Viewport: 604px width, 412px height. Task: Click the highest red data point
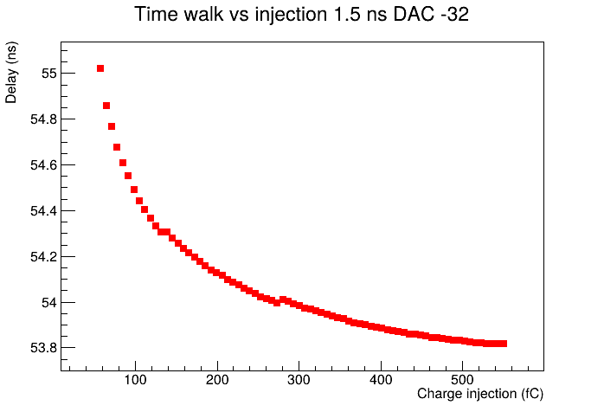100,68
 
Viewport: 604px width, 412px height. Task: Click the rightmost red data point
504,344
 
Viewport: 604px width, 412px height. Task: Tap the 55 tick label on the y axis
49,74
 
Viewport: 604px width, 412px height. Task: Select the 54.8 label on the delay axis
43,119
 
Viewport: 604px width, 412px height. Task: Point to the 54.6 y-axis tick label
43,165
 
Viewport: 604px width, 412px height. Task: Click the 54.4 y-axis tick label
43,211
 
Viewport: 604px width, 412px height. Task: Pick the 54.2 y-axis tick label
43,257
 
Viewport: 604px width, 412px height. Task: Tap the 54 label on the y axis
49,303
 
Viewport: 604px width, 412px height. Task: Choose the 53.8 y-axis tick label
43,348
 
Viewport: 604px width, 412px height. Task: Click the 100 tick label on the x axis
135,380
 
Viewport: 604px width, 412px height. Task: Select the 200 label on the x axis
217,380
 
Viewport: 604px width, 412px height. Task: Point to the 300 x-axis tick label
299,380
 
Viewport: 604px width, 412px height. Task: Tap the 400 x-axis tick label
381,380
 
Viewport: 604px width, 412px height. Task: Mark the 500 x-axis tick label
462,380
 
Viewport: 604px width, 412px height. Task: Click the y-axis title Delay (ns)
11,73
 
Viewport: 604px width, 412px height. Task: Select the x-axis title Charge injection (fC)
480,394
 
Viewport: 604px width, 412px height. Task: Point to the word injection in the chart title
291,15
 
